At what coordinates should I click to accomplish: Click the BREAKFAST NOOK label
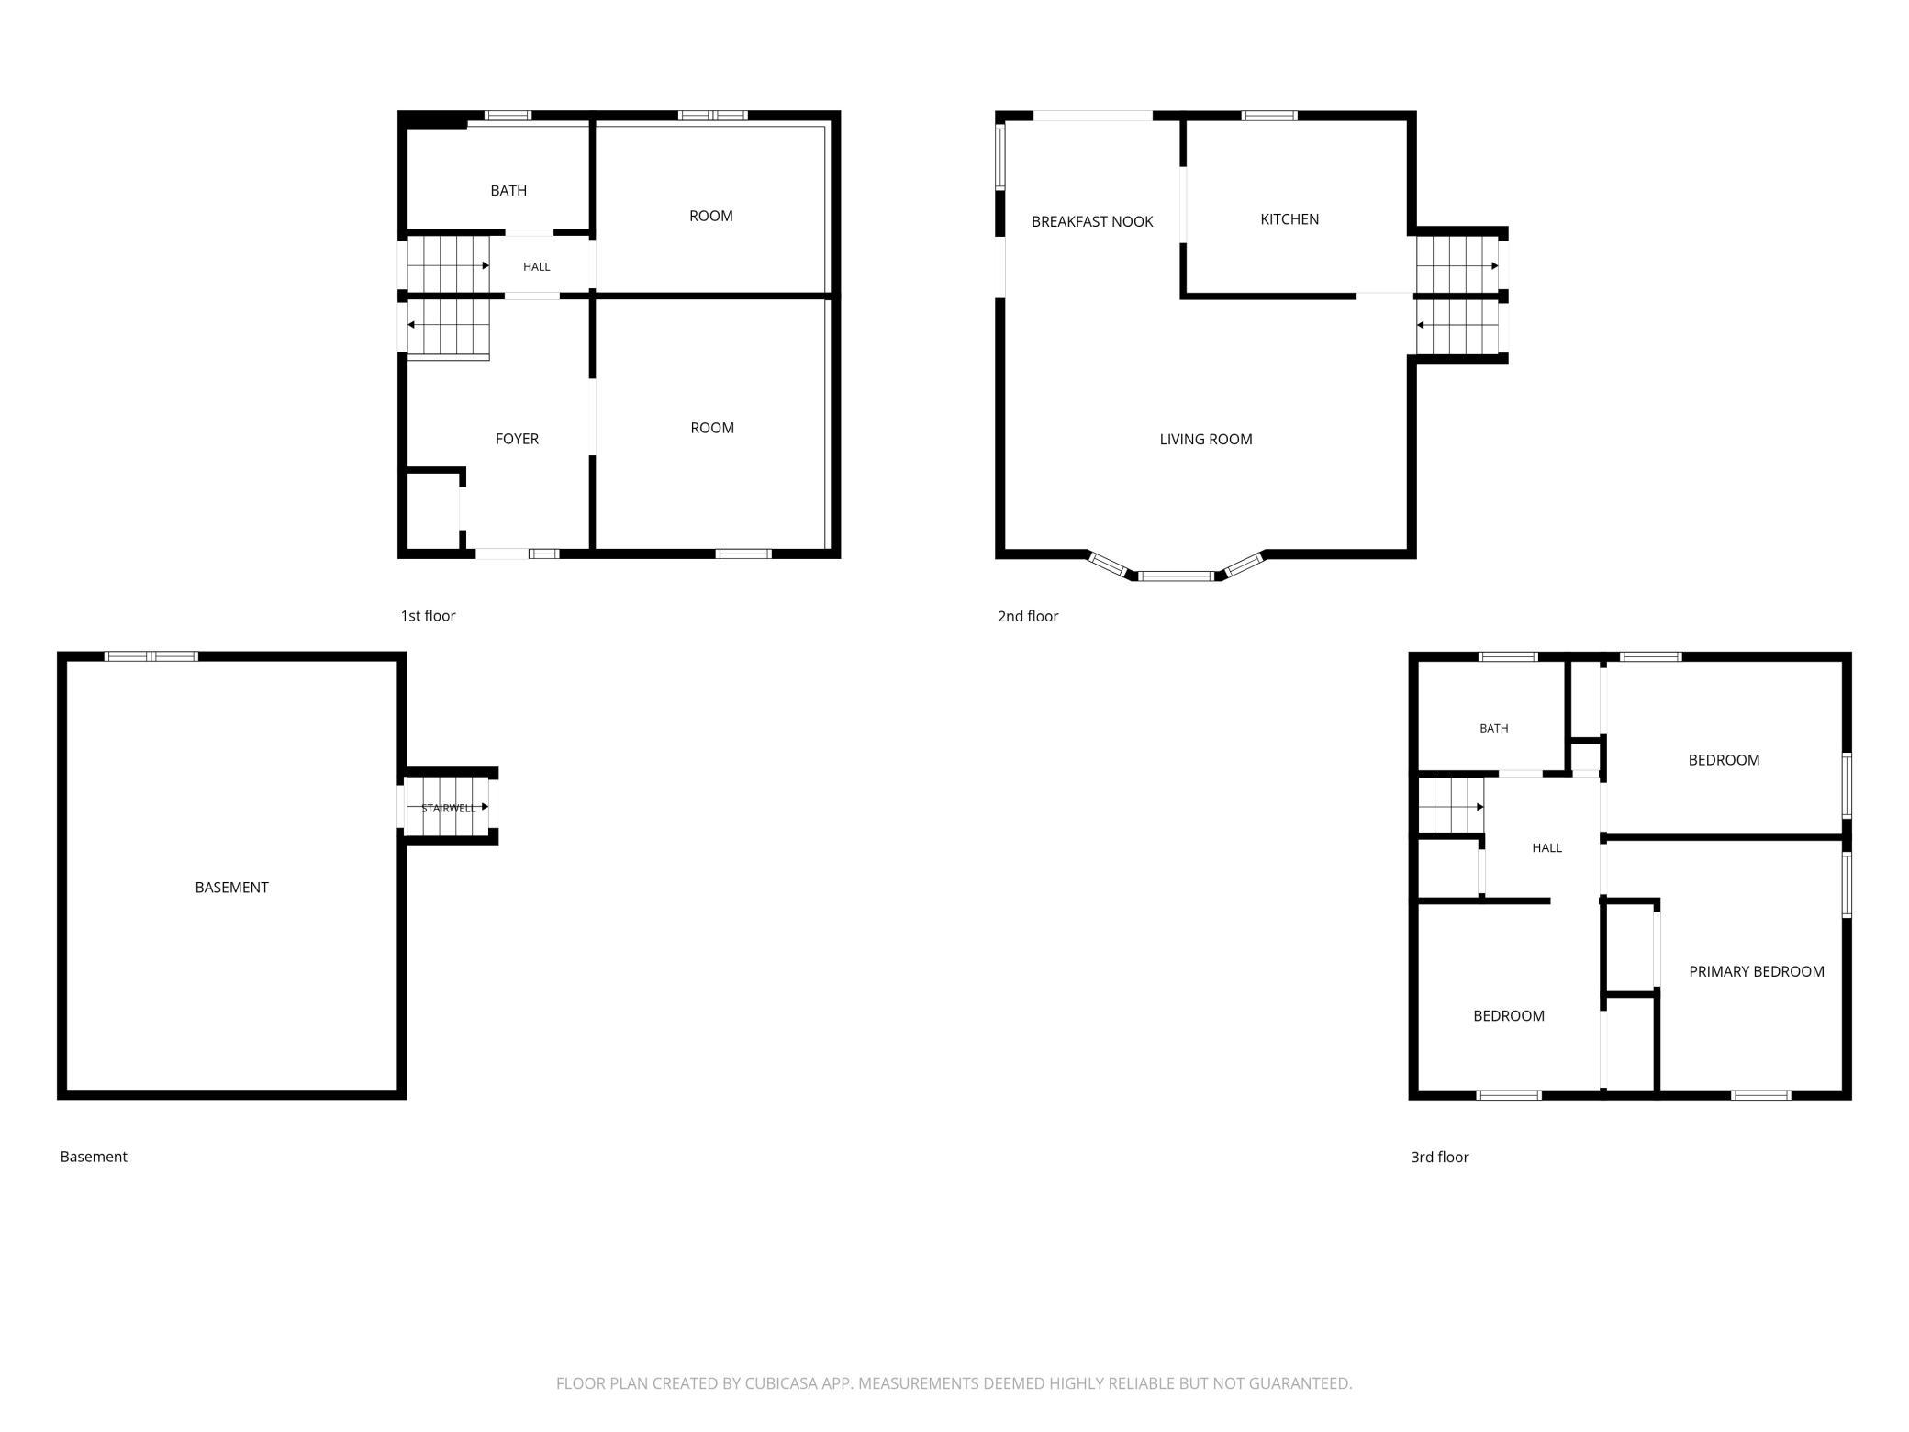pos(1092,221)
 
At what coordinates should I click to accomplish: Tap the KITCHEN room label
pos(1289,219)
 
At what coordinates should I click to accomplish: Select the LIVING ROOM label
pos(1206,440)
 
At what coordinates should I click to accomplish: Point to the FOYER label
pos(517,439)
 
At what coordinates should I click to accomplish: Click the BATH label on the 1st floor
pos(508,191)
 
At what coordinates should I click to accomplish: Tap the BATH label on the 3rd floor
pos(1493,729)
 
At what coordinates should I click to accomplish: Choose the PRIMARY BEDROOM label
pos(1757,971)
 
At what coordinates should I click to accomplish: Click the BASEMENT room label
pos(231,888)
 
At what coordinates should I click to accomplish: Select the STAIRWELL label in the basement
pos(449,808)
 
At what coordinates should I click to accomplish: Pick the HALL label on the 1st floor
pos(537,267)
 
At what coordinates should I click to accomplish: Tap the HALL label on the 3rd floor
pos(1546,848)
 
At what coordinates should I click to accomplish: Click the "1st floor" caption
pos(428,616)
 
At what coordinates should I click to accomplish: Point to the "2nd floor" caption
pos(1028,617)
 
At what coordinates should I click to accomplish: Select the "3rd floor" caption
pos(1439,1158)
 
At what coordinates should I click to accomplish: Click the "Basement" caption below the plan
pos(94,1158)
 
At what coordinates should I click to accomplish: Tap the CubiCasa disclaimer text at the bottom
pos(954,1383)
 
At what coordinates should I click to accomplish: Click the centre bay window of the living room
pos(1177,576)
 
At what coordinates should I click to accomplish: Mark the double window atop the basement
pos(151,656)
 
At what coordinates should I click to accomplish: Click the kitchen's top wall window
pos(1269,116)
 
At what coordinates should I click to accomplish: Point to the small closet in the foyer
pos(432,512)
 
